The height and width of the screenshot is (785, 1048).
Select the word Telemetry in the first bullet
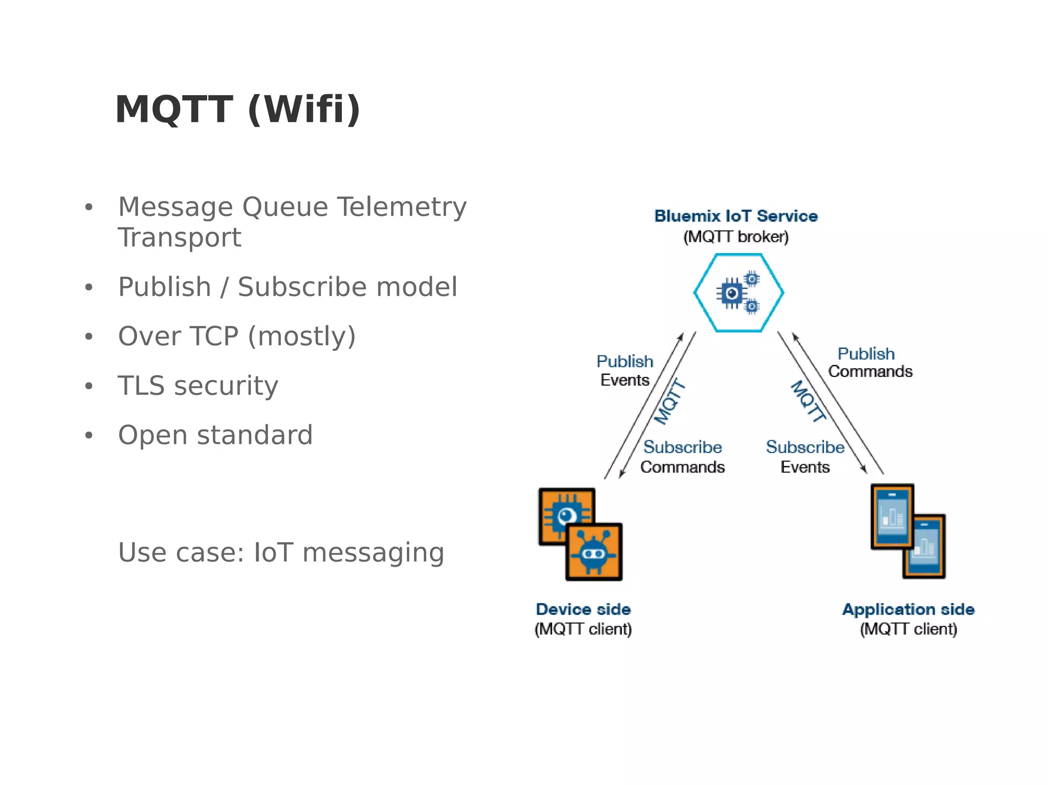coord(402,207)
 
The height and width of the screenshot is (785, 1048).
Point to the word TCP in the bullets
coord(214,337)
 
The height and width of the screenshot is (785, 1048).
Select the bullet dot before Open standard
coord(89,436)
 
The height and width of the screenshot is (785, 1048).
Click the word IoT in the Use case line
coord(273,553)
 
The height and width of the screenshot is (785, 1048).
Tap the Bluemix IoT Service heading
coord(736,216)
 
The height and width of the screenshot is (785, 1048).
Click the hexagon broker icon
coord(738,293)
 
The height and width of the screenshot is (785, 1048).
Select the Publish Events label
coord(625,371)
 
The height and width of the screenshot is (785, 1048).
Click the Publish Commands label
coord(869,363)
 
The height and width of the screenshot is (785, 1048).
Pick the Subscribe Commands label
coord(682,457)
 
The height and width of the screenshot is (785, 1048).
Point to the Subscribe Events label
coord(805,457)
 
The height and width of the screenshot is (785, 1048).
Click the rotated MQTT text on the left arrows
coord(670,402)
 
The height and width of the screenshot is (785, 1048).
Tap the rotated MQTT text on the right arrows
coord(809,401)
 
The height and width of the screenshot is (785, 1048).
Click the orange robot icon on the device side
coord(594,552)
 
